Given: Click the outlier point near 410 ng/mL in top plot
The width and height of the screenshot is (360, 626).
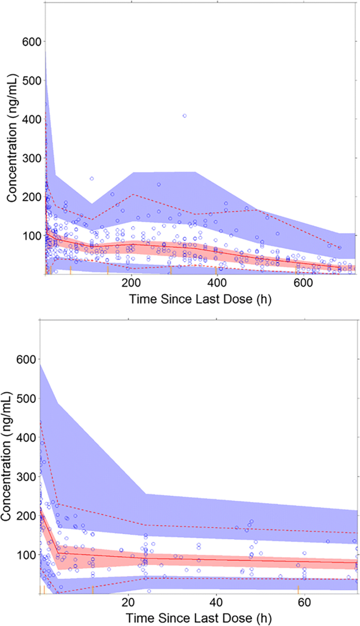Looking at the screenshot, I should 184,116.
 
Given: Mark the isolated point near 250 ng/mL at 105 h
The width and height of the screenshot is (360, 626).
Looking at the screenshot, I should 91,179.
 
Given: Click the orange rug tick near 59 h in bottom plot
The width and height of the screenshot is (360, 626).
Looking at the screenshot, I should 299,589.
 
